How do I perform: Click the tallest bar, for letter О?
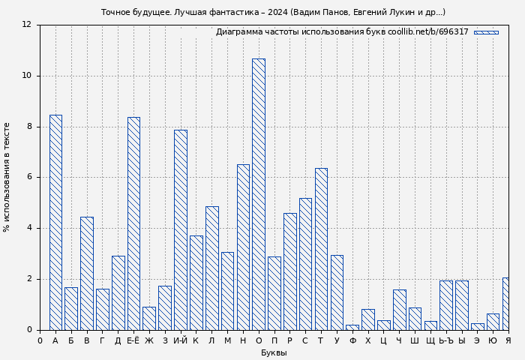(258, 194)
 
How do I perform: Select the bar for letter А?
(55, 222)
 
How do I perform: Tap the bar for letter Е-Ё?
(133, 223)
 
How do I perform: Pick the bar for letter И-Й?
(180, 229)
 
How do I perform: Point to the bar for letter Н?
(243, 247)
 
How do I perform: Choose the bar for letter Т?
(321, 249)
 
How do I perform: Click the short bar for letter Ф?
(352, 327)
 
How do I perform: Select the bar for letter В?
(87, 273)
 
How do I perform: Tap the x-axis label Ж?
(149, 340)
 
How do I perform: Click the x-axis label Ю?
(493, 340)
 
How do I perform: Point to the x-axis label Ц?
(383, 340)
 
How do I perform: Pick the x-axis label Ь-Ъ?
(445, 340)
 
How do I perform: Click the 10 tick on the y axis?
(27, 76)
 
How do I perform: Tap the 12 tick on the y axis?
(27, 25)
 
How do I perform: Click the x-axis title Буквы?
(274, 352)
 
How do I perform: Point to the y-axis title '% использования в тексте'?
(7, 177)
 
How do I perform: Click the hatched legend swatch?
(486, 32)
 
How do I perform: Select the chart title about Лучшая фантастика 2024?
(273, 12)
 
